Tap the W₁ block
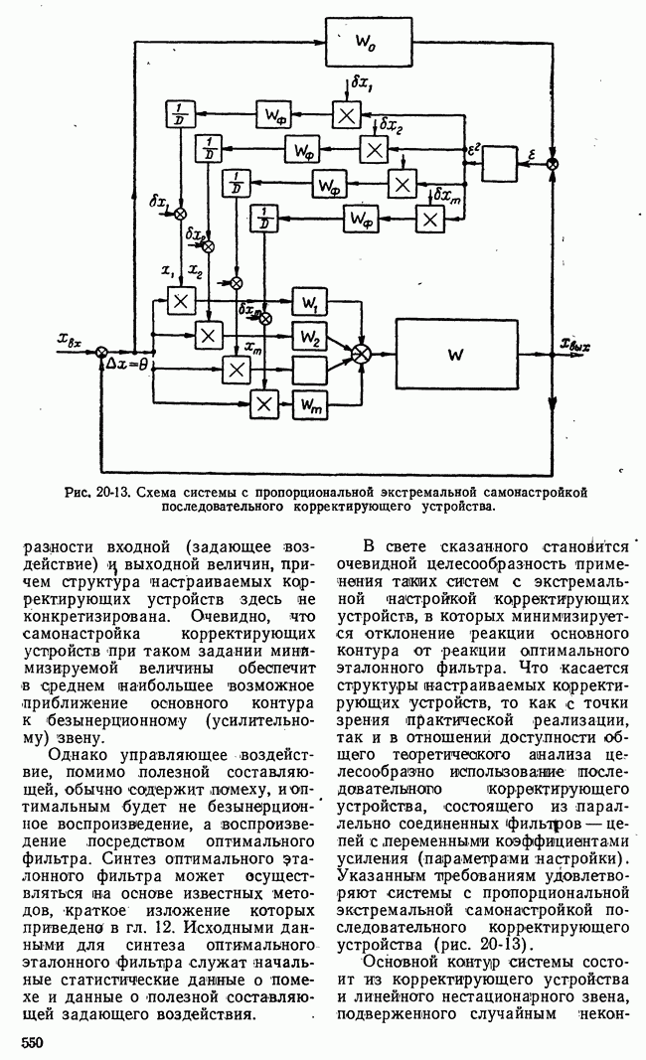pyautogui.click(x=309, y=303)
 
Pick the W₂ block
pyautogui.click(x=309, y=337)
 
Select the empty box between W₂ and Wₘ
pyautogui.click(x=309, y=371)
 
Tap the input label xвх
pyautogui.click(x=71, y=342)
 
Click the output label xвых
pyautogui.click(x=575, y=347)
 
